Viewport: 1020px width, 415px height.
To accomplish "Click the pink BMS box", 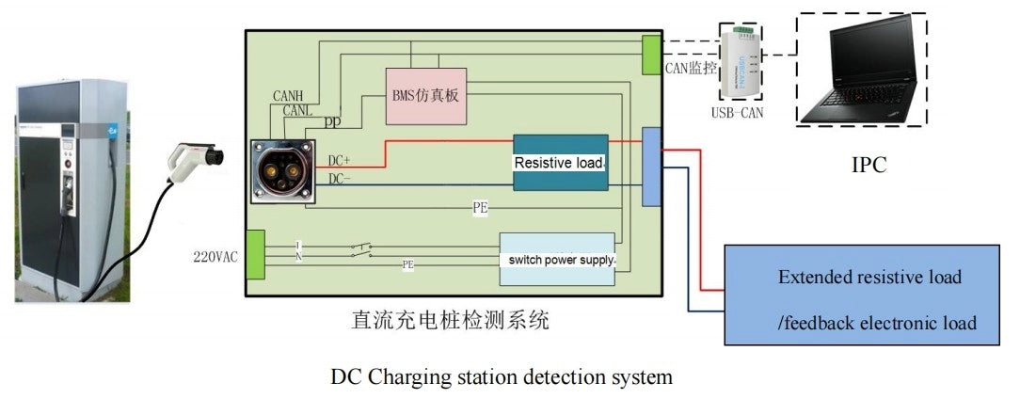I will coord(426,95).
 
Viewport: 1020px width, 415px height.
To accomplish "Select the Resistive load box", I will coord(560,163).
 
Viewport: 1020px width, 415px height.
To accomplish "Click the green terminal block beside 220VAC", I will coord(254,254).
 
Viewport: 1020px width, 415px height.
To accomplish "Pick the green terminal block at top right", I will coord(651,55).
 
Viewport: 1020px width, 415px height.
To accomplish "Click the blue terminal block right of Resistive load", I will coord(651,168).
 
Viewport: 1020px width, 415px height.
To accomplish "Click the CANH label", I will coord(288,96).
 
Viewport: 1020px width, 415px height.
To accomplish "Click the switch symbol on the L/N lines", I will coord(360,250).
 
